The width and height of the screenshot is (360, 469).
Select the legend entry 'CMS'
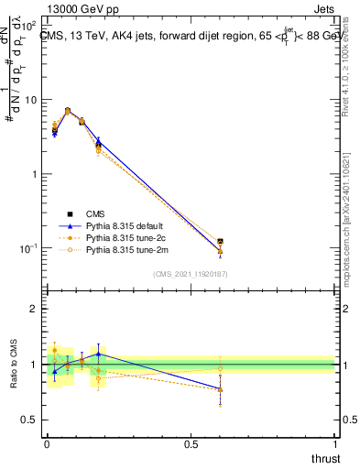(x=96, y=213)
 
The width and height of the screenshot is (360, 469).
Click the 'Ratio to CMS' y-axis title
(x=14, y=364)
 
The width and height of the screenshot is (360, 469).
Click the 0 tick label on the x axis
(x=47, y=443)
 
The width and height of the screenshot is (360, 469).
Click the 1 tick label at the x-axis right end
(x=334, y=443)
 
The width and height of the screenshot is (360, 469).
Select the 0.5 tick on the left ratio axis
(x=32, y=420)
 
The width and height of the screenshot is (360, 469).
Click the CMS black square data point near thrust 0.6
(x=220, y=242)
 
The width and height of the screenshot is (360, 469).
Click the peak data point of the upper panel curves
(x=68, y=110)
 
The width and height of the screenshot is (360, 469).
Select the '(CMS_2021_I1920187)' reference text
(x=190, y=273)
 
